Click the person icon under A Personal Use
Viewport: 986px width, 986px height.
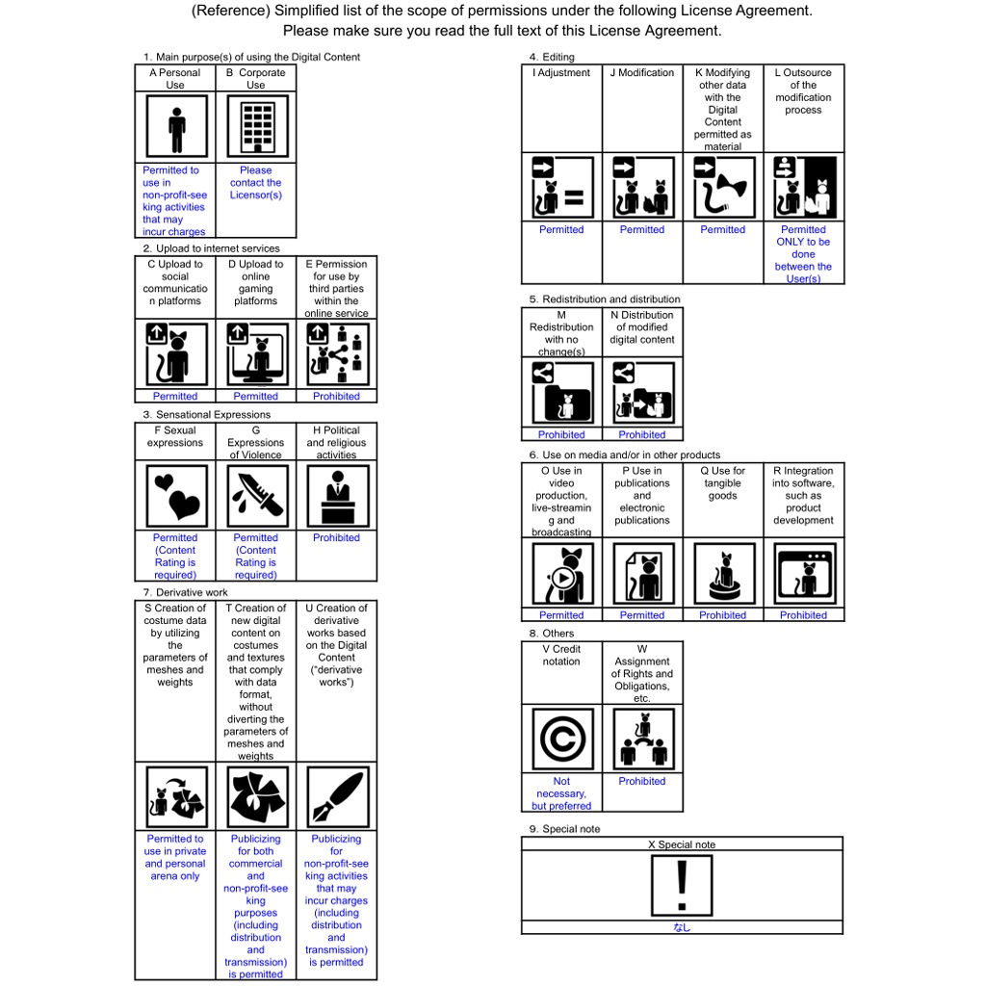pyautogui.click(x=175, y=128)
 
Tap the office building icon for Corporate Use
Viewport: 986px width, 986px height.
pyautogui.click(x=256, y=128)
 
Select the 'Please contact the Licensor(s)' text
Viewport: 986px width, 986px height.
pyautogui.click(x=256, y=183)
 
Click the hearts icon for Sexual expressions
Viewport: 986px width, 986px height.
pyautogui.click(x=175, y=496)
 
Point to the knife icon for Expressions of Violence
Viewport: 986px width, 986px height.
pyautogui.click(x=256, y=496)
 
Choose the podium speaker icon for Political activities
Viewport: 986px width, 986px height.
pyautogui.click(x=337, y=496)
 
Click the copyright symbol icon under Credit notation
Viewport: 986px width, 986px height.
pyautogui.click(x=562, y=739)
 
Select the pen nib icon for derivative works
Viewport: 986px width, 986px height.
pyautogui.click(x=337, y=797)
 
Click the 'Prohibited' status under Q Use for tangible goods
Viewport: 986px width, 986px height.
pyautogui.click(x=723, y=615)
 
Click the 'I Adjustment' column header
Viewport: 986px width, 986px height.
pyautogui.click(x=562, y=73)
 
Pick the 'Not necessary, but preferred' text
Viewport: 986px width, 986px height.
pyautogui.click(x=562, y=793)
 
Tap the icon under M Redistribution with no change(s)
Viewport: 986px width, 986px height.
pyautogui.click(x=562, y=393)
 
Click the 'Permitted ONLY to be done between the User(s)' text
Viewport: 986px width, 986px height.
pyautogui.click(x=804, y=254)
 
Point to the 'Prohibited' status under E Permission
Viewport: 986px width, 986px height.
pyautogui.click(x=337, y=397)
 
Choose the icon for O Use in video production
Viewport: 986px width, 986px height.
pyautogui.click(x=562, y=574)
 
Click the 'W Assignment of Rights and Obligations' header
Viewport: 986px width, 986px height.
pyautogui.click(x=642, y=673)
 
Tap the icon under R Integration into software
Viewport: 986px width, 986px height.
pyautogui.click(x=804, y=574)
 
